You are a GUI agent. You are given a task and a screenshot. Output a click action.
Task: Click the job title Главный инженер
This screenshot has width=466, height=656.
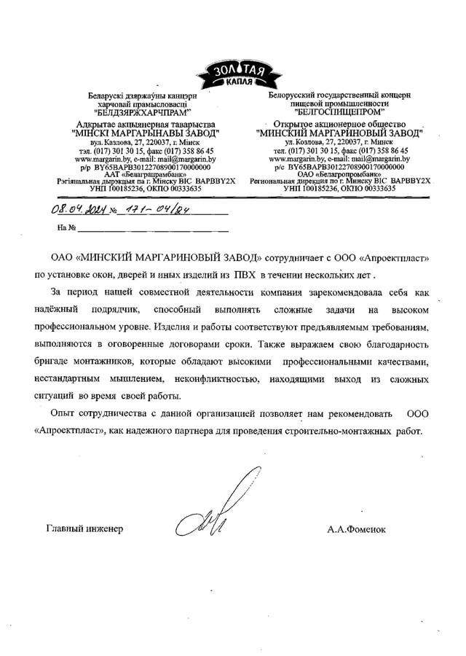[84, 528]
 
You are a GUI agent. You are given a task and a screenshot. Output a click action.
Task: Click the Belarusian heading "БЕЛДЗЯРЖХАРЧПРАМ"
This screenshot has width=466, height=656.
[142, 113]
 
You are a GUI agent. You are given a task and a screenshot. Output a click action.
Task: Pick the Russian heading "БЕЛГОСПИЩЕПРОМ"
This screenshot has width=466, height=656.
[339, 113]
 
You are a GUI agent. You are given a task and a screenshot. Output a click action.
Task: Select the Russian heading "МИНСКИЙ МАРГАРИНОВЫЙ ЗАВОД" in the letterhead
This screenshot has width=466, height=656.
[339, 135]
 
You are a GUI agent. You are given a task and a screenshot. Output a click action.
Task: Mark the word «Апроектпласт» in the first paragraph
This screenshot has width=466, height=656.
[390, 259]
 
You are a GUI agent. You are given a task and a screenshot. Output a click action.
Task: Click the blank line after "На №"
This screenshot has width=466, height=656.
[153, 229]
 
